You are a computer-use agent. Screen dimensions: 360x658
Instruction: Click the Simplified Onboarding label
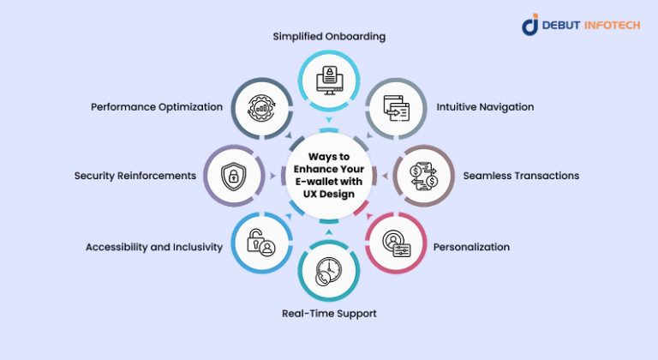click(x=328, y=37)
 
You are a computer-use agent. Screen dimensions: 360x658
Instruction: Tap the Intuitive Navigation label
click(x=486, y=107)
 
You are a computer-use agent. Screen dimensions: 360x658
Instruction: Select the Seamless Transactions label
click(x=521, y=176)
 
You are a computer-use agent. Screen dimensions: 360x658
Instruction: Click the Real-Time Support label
click(x=329, y=314)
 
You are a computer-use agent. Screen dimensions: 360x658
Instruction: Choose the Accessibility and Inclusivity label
click(x=154, y=247)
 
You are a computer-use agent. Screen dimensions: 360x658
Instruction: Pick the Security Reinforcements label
click(x=135, y=176)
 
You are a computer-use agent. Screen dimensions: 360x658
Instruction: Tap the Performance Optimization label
click(x=158, y=107)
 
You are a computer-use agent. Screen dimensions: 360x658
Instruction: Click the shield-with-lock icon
click(x=232, y=177)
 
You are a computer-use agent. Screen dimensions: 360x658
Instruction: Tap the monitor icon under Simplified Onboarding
click(x=329, y=79)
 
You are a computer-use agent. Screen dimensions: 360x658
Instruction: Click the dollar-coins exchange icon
click(x=424, y=177)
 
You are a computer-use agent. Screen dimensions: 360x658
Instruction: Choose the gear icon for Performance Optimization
click(x=260, y=109)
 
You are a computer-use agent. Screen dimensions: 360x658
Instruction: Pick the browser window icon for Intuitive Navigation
click(x=397, y=110)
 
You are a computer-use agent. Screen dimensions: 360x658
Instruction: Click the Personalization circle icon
click(x=397, y=244)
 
